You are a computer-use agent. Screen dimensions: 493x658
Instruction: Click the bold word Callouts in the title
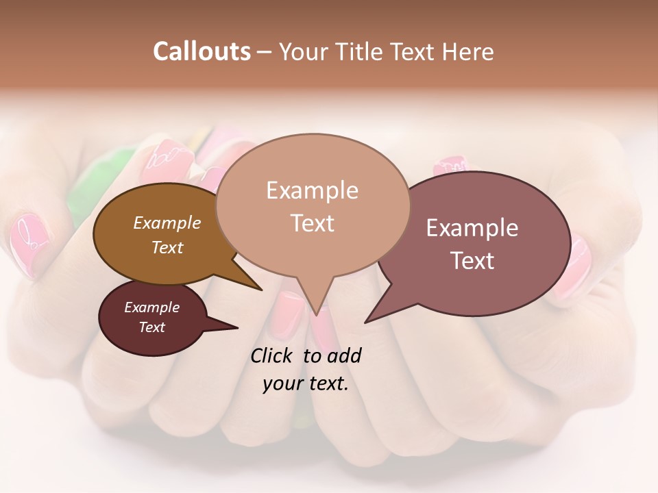tap(202, 51)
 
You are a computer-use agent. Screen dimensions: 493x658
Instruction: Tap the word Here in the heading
tap(468, 51)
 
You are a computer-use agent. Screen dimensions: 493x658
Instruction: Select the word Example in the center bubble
tap(312, 190)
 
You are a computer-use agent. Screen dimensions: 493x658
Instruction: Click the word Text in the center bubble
tap(312, 223)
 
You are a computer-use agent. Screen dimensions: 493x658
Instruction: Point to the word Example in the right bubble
tap(472, 228)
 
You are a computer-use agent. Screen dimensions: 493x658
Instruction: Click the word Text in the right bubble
tap(472, 261)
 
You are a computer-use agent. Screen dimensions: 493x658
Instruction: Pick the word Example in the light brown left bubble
tap(167, 223)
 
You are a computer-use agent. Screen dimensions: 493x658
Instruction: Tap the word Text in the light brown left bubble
tap(167, 247)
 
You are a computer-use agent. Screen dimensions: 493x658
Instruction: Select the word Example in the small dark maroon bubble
tap(151, 307)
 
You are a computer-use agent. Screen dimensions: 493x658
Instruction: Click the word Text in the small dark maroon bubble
tap(151, 327)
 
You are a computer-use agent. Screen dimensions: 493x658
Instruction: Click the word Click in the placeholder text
tap(273, 356)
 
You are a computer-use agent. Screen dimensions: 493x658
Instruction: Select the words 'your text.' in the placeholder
tap(306, 383)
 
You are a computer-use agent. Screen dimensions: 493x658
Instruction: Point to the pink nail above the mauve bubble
tap(450, 166)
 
